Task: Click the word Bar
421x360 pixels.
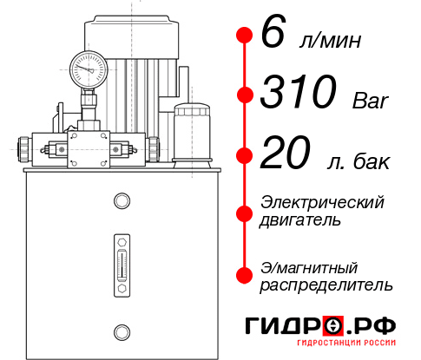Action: (x=372, y=101)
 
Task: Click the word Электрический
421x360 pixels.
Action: (x=322, y=202)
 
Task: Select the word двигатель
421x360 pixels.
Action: (x=300, y=220)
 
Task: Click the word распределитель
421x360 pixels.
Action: (x=326, y=285)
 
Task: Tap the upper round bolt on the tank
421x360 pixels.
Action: (x=121, y=201)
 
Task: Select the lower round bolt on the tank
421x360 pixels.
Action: (x=121, y=331)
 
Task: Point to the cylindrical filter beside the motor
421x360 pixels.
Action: (x=191, y=132)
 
